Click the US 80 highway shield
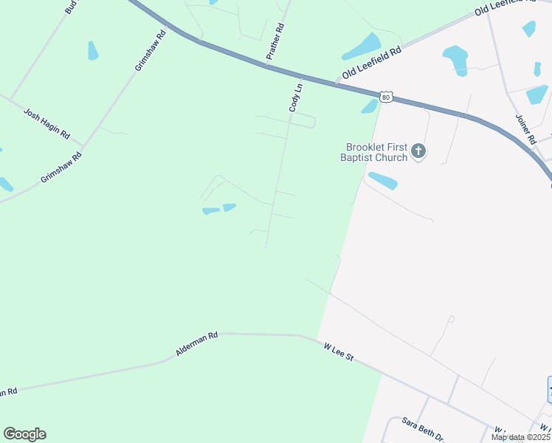coord(386,97)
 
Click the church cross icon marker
coord(418,152)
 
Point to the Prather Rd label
coord(275,41)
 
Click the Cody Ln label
coord(296,97)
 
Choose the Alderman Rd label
coord(197,344)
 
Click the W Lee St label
coord(339,351)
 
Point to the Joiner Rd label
coord(525,129)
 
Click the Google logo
coord(24,434)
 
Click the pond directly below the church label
coord(382,180)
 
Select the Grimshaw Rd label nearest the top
coord(150,51)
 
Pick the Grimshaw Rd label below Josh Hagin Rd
coord(61,168)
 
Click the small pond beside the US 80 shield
coord(370,106)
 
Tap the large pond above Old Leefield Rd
coord(362,46)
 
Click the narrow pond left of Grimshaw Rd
coord(93,50)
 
